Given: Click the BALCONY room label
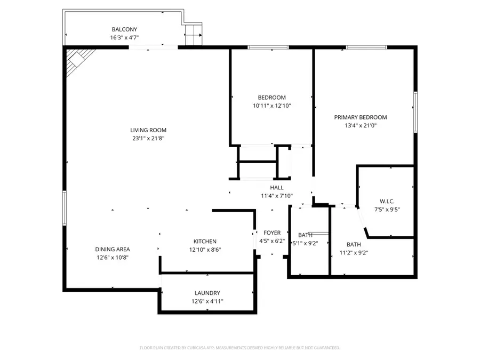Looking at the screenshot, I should click(x=124, y=29).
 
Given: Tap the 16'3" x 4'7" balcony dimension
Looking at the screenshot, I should click(x=124, y=38).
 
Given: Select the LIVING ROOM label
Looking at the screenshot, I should click(x=148, y=130).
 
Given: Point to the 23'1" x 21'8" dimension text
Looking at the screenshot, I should click(x=148, y=138).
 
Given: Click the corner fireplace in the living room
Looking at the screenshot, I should click(x=77, y=59).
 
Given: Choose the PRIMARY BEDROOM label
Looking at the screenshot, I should click(x=361, y=117).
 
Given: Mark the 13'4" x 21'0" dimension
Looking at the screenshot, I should click(x=361, y=126).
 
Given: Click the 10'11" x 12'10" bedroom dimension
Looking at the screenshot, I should click(x=272, y=106).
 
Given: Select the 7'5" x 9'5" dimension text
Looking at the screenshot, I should click(x=387, y=210).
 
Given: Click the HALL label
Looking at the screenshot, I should click(x=277, y=188).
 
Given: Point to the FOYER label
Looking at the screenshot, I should click(x=272, y=233).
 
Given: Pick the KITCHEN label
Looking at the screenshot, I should click(x=205, y=242).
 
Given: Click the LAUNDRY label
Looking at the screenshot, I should click(x=207, y=293).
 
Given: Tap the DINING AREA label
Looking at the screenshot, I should click(x=113, y=249).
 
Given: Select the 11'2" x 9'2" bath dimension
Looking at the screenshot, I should click(x=354, y=253).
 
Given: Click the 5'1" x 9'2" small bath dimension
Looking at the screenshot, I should click(x=306, y=243).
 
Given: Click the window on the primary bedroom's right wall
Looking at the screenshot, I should click(x=415, y=111).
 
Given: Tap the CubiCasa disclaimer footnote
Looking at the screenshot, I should click(x=240, y=348).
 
